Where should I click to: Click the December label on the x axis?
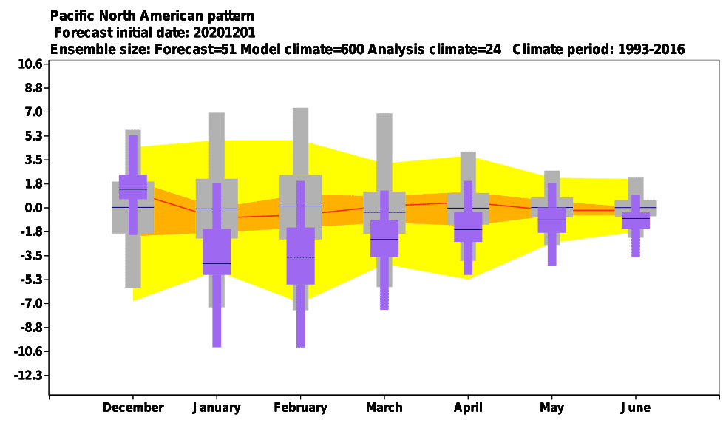133,408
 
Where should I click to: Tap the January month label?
217,408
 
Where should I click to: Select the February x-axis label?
300,408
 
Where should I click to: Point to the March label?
384,408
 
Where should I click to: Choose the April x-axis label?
468,408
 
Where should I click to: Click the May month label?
552,408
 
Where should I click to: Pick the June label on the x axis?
635,408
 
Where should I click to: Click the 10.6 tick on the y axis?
30,64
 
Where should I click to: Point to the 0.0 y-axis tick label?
33,208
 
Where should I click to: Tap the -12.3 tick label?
28,376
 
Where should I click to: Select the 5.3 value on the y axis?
33,135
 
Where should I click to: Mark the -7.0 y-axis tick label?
31,304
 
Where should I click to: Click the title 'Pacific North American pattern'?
152,16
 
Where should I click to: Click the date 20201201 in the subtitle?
224,33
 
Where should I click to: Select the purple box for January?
217,251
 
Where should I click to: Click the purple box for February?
301,256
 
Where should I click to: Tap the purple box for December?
133,186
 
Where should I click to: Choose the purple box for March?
384,238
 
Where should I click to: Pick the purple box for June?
636,220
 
